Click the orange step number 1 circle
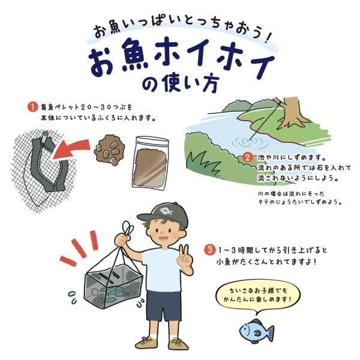coord(32,108)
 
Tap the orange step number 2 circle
coord(247,158)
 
